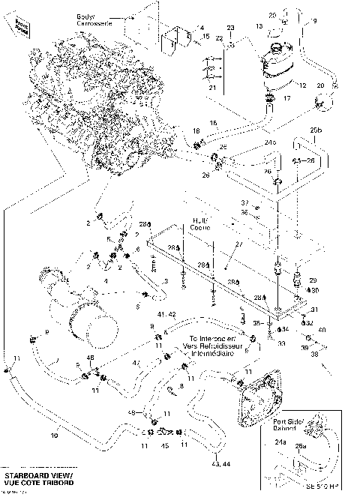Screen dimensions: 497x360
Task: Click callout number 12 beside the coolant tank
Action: pyautogui.click(x=303, y=86)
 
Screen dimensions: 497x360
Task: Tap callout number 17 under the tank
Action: pyautogui.click(x=285, y=98)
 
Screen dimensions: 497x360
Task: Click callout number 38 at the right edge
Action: pyautogui.click(x=313, y=354)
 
